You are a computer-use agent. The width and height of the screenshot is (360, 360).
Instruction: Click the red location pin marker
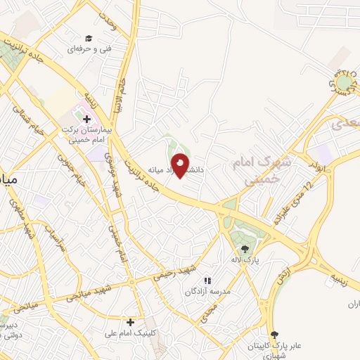point(181,165)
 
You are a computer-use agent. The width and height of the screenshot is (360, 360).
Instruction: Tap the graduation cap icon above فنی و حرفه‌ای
point(89,38)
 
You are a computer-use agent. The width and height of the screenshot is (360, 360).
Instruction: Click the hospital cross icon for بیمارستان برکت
point(86,120)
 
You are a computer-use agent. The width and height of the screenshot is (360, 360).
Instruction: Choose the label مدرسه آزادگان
point(208,290)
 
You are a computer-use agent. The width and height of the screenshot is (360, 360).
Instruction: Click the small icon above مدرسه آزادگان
point(207,281)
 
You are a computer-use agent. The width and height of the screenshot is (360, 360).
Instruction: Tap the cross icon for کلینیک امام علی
point(130,322)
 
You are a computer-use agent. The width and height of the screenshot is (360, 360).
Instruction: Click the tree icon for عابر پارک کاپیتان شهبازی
point(274,335)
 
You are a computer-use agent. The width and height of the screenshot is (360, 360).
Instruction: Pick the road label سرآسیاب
point(54,239)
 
